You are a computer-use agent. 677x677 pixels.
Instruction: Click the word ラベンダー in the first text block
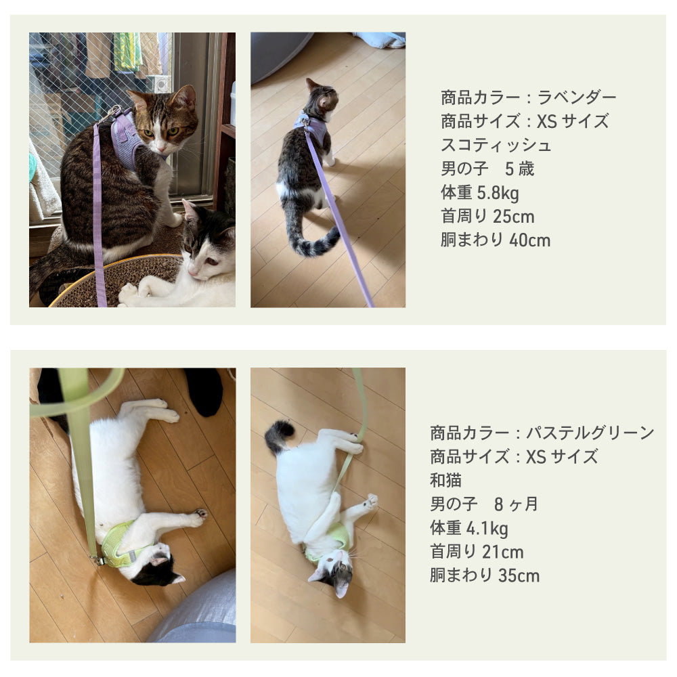(x=576, y=97)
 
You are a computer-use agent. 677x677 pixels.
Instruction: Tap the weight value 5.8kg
(x=498, y=193)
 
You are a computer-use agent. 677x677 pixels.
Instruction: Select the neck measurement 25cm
(x=513, y=217)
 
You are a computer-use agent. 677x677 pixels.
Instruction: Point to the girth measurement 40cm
(x=530, y=240)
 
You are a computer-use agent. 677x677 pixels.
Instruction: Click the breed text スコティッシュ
(x=496, y=146)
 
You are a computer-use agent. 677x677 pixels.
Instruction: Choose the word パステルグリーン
(x=590, y=433)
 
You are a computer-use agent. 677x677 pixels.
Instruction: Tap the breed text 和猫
(x=445, y=480)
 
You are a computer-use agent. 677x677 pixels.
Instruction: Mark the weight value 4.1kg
(x=487, y=528)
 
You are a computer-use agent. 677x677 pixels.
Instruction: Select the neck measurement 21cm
(x=502, y=552)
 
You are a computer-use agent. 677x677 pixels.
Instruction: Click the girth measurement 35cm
(x=519, y=575)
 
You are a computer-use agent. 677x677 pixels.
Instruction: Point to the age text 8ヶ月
(x=516, y=504)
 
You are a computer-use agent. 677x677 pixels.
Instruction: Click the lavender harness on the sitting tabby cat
(x=125, y=138)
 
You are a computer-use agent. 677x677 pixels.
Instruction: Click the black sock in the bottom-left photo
(x=204, y=391)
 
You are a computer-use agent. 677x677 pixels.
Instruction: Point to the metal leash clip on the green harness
(x=97, y=560)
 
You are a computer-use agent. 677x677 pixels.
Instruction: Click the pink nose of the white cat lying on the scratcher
(x=192, y=271)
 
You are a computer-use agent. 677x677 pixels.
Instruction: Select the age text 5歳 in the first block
(x=520, y=169)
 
